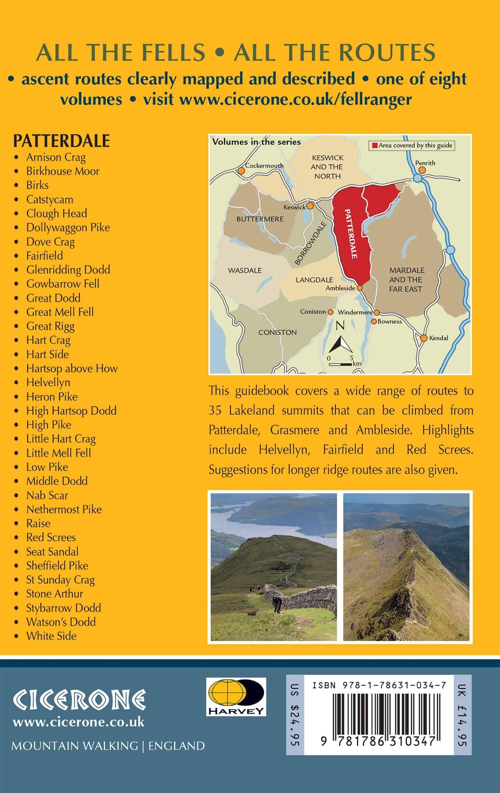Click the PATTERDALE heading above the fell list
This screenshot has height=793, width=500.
[x=61, y=141]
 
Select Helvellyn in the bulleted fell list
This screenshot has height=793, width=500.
[x=48, y=382]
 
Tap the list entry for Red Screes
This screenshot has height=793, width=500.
[x=51, y=537]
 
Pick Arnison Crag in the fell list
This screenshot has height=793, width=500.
[x=56, y=157]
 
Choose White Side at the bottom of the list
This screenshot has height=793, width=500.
[x=51, y=636]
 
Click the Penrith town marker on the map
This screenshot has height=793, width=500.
[x=422, y=170]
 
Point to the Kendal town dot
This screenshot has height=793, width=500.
[x=424, y=338]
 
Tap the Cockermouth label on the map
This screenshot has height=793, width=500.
[x=264, y=165]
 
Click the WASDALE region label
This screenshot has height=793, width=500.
[x=245, y=270]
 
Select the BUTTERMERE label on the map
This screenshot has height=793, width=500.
[x=260, y=219]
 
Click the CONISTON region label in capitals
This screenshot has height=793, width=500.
[x=277, y=332]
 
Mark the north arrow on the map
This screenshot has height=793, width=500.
[x=341, y=344]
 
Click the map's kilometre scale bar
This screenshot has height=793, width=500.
[x=341, y=364]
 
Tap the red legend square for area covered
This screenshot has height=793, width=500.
[x=375, y=145]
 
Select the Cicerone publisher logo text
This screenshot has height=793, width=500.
[x=79, y=700]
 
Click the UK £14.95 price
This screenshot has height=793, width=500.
[x=462, y=715]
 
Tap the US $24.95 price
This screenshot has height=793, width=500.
[x=295, y=715]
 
